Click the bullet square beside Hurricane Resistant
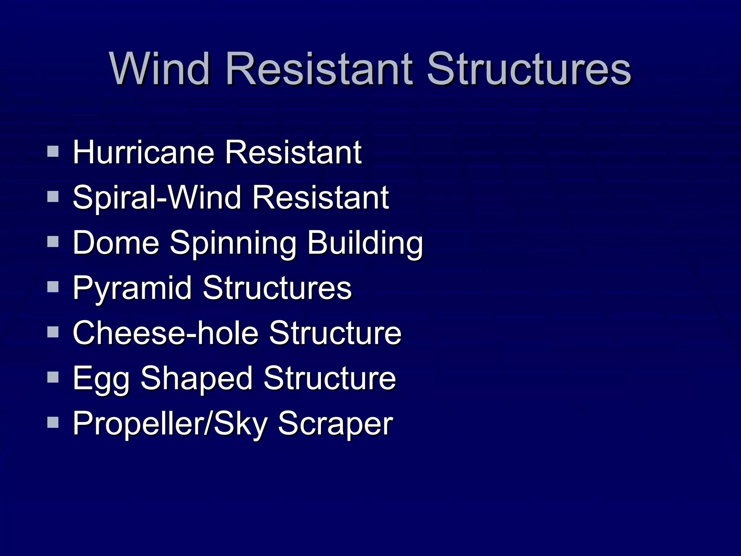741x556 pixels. (x=53, y=151)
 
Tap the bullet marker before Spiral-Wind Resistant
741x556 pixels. (x=53, y=197)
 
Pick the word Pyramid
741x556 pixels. (x=132, y=288)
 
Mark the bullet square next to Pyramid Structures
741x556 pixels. (x=53, y=287)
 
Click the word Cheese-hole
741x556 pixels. (x=166, y=333)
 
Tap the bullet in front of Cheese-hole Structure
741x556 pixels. (x=53, y=332)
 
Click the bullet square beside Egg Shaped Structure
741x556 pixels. (x=53, y=377)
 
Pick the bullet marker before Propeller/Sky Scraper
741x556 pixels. (x=53, y=422)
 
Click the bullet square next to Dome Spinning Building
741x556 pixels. (x=53, y=241)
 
